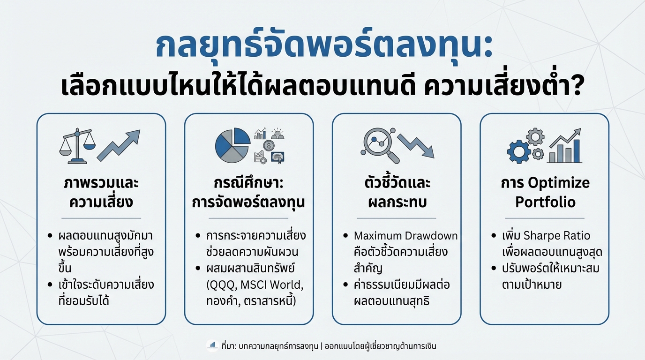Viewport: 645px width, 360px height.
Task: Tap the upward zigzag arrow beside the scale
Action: (x=119, y=146)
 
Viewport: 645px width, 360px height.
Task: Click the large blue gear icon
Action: (x=519, y=151)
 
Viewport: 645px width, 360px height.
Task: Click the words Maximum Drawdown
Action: (x=405, y=235)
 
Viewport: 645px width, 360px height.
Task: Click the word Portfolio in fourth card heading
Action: (x=545, y=202)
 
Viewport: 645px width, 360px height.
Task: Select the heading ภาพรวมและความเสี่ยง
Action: (x=101, y=192)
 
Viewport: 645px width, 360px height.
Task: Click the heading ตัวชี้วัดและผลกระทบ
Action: (x=397, y=192)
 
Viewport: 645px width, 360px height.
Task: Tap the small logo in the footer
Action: (x=212, y=346)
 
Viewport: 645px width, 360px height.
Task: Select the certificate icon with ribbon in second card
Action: (x=278, y=157)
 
